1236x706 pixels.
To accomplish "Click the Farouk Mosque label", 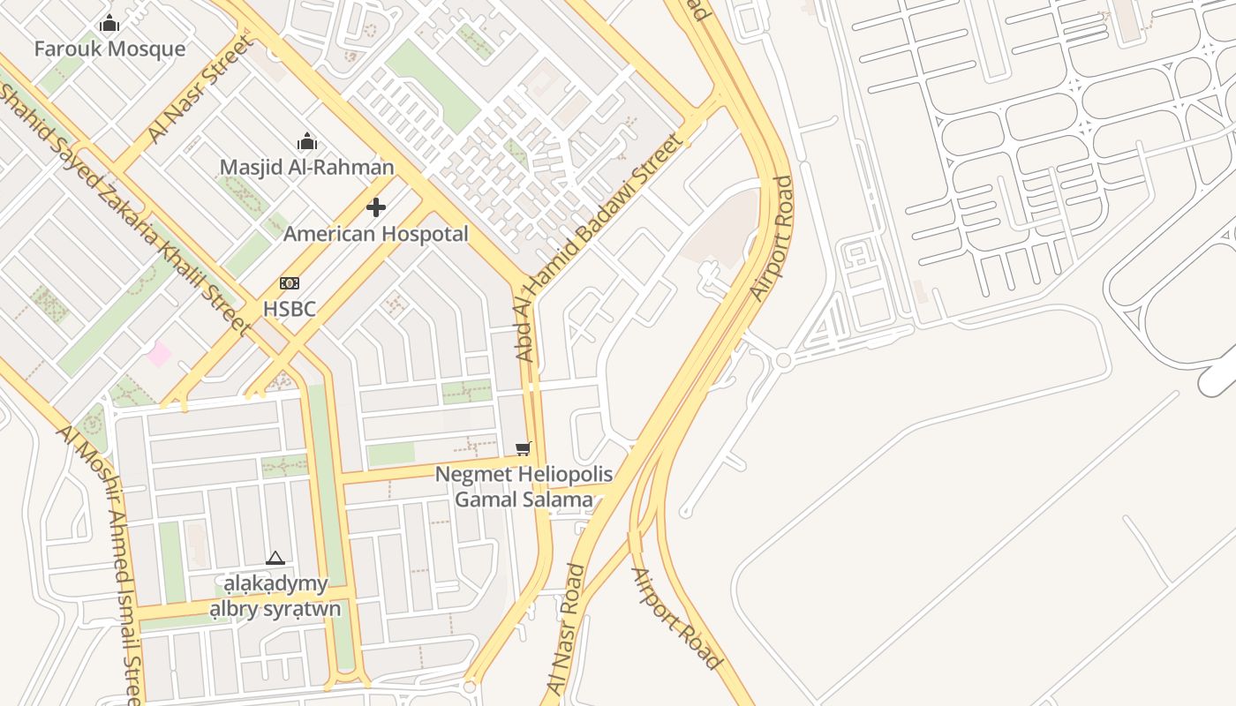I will pos(109,49).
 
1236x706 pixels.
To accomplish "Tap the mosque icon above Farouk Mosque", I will pos(109,24).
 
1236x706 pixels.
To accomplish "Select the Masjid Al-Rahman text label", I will pos(306,167).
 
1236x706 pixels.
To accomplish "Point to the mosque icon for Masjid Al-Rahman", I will pos(307,141).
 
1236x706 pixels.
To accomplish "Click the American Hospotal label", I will pos(375,234).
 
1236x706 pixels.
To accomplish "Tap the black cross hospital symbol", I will pos(376,207).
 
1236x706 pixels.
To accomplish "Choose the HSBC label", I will pos(289,309).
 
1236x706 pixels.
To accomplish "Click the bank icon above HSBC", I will pos(289,283).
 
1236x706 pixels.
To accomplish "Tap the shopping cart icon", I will pos(524,448).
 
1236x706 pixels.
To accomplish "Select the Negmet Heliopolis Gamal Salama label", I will pos(524,487).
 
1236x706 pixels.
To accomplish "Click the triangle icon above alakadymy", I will pos(275,558).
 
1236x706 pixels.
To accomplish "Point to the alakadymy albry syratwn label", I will pos(275,597).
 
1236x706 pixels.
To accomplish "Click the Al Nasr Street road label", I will pos(200,90).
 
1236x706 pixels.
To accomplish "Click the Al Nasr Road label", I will pos(567,628).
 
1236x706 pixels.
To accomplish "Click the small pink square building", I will pos(159,354).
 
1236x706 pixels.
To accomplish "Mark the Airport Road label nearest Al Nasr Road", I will pos(676,618).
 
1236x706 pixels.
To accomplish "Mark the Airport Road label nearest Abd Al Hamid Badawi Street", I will pos(771,238).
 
